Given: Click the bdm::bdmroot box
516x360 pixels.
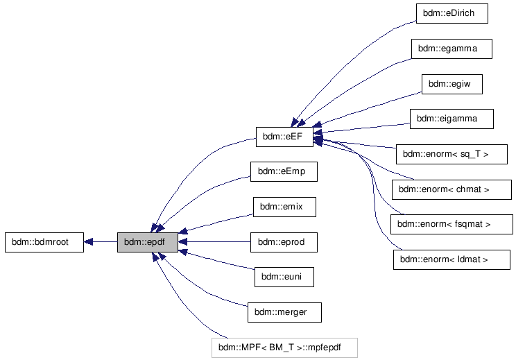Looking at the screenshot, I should coord(44,242).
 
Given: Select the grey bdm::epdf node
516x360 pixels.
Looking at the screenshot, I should coord(147,242).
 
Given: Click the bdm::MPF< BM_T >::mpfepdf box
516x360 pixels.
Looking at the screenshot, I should coord(284,347).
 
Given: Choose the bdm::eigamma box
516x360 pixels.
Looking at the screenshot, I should coord(452,119).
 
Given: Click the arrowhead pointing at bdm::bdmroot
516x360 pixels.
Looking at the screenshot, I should coord(89,242).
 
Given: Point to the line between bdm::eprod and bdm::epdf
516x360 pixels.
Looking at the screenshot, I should coord(215,242).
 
